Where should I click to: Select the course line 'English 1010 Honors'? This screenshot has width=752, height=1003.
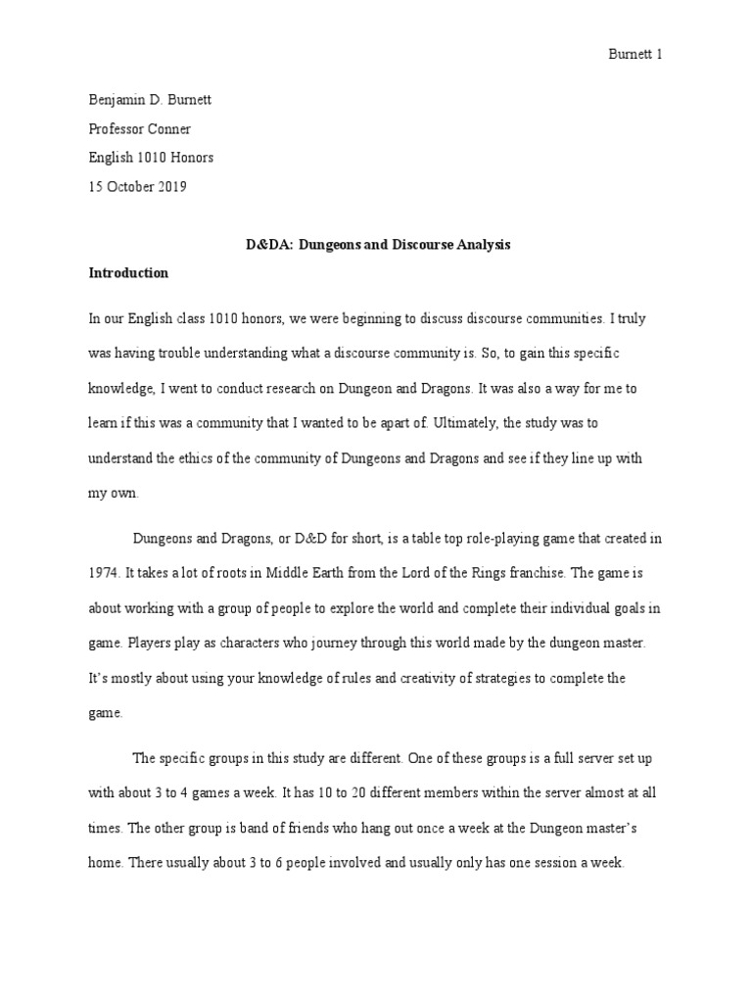[151, 157]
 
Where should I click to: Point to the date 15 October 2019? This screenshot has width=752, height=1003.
[137, 186]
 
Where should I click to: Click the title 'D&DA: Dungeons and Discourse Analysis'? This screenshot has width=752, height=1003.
[377, 245]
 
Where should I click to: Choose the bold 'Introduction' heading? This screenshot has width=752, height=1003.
[128, 273]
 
